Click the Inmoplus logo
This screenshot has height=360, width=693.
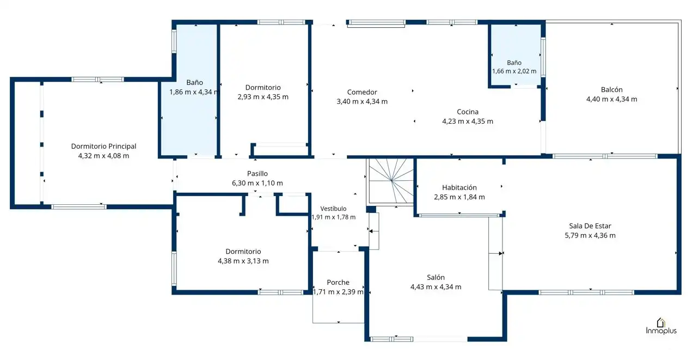point(661,326)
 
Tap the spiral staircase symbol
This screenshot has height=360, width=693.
point(391,182)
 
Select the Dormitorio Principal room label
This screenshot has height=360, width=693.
point(103,146)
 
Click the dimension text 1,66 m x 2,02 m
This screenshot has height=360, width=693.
point(514,71)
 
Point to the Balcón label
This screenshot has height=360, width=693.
point(612,89)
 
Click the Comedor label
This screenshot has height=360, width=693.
point(362,92)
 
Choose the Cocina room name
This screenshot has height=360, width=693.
point(468,112)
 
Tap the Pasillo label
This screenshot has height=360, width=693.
point(257,173)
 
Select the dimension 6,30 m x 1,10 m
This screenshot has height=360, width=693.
point(257,183)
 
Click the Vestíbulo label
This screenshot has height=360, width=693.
point(333,209)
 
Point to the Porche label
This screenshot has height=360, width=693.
point(338,282)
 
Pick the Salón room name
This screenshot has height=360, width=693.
point(436,277)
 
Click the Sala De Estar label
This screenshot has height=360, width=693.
point(590,226)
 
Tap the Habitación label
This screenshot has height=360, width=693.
point(459,187)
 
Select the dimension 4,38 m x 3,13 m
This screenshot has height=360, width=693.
point(243,261)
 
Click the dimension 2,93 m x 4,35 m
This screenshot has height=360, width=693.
point(263,97)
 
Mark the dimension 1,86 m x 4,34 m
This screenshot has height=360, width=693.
point(194,92)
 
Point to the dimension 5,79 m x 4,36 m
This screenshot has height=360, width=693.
point(590,235)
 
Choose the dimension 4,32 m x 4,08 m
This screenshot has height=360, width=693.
point(103,156)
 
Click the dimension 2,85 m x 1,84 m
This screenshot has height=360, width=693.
point(459,197)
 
